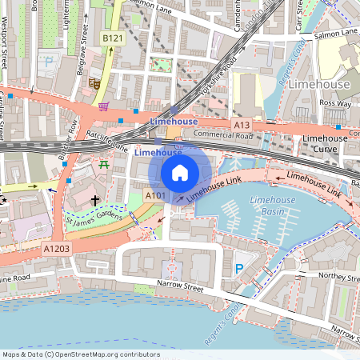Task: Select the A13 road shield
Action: click(x=242, y=126)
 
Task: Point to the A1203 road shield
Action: click(x=56, y=249)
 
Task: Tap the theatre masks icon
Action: click(x=94, y=82)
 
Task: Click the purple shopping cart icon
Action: click(x=103, y=106)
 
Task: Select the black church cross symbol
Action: click(x=95, y=200)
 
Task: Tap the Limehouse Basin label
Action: click(x=269, y=206)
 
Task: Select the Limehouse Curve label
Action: click(x=325, y=143)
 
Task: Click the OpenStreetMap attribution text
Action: click(x=80, y=354)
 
